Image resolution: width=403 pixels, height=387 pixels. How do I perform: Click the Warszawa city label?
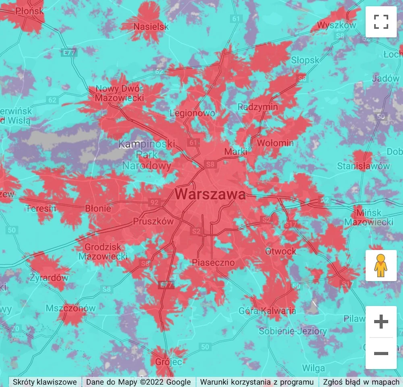(x=210, y=195)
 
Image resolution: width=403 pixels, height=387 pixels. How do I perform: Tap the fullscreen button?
(x=381, y=22)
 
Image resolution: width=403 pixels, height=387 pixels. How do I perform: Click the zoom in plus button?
(x=381, y=321)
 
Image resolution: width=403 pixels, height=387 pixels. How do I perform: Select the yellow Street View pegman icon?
(x=381, y=265)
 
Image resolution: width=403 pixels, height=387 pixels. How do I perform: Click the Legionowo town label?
(x=192, y=113)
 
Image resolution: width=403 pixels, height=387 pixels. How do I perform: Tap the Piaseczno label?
(x=213, y=263)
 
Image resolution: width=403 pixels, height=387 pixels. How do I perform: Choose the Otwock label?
(x=280, y=251)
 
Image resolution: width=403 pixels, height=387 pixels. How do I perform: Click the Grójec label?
(x=169, y=362)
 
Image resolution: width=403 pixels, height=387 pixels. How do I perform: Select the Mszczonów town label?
(x=71, y=308)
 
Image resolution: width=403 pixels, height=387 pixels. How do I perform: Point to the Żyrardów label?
(x=50, y=278)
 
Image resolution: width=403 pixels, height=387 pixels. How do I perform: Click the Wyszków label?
(x=337, y=25)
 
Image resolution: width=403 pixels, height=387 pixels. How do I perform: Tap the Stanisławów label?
(x=364, y=166)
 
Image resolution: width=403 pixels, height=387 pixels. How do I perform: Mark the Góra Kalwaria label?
(x=267, y=311)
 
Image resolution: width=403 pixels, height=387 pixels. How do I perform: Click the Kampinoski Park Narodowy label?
(x=147, y=155)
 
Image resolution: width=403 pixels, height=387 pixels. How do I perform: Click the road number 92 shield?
(x=154, y=203)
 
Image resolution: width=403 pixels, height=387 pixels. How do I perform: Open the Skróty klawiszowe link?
(x=45, y=382)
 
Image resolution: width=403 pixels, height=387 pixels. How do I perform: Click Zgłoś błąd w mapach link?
(x=361, y=382)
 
